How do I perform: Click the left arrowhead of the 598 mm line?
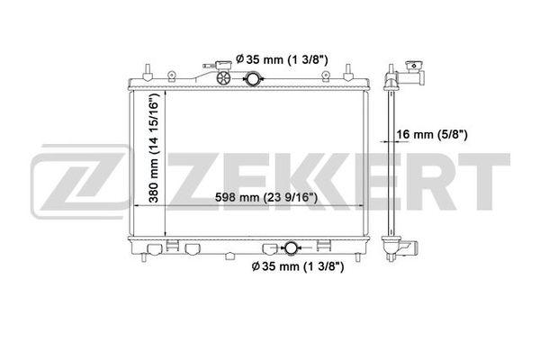(136, 207)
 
